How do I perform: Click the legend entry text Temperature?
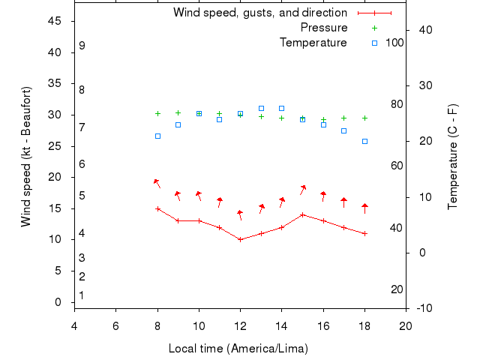[313, 43]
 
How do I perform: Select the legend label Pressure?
[323, 28]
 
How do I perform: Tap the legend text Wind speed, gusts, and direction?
[259, 13]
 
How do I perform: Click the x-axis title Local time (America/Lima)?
[238, 349]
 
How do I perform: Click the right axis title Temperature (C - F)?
[452, 157]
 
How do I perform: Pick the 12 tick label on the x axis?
[240, 325]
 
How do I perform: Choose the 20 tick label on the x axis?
[406, 325]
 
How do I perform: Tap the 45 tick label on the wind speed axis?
[54, 21]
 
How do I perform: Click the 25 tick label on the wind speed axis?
[54, 146]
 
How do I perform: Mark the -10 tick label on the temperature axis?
[422, 308]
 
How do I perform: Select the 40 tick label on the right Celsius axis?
[422, 30]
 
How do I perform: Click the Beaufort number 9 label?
[82, 46]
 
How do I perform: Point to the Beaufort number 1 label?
[82, 295]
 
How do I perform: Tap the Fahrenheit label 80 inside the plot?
[396, 104]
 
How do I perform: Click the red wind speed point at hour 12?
[240, 239]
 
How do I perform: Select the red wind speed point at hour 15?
[302, 214]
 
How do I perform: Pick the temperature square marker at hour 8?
[157, 136]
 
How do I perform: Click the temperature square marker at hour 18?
[364, 141]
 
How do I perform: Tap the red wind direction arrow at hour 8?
[157, 182]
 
